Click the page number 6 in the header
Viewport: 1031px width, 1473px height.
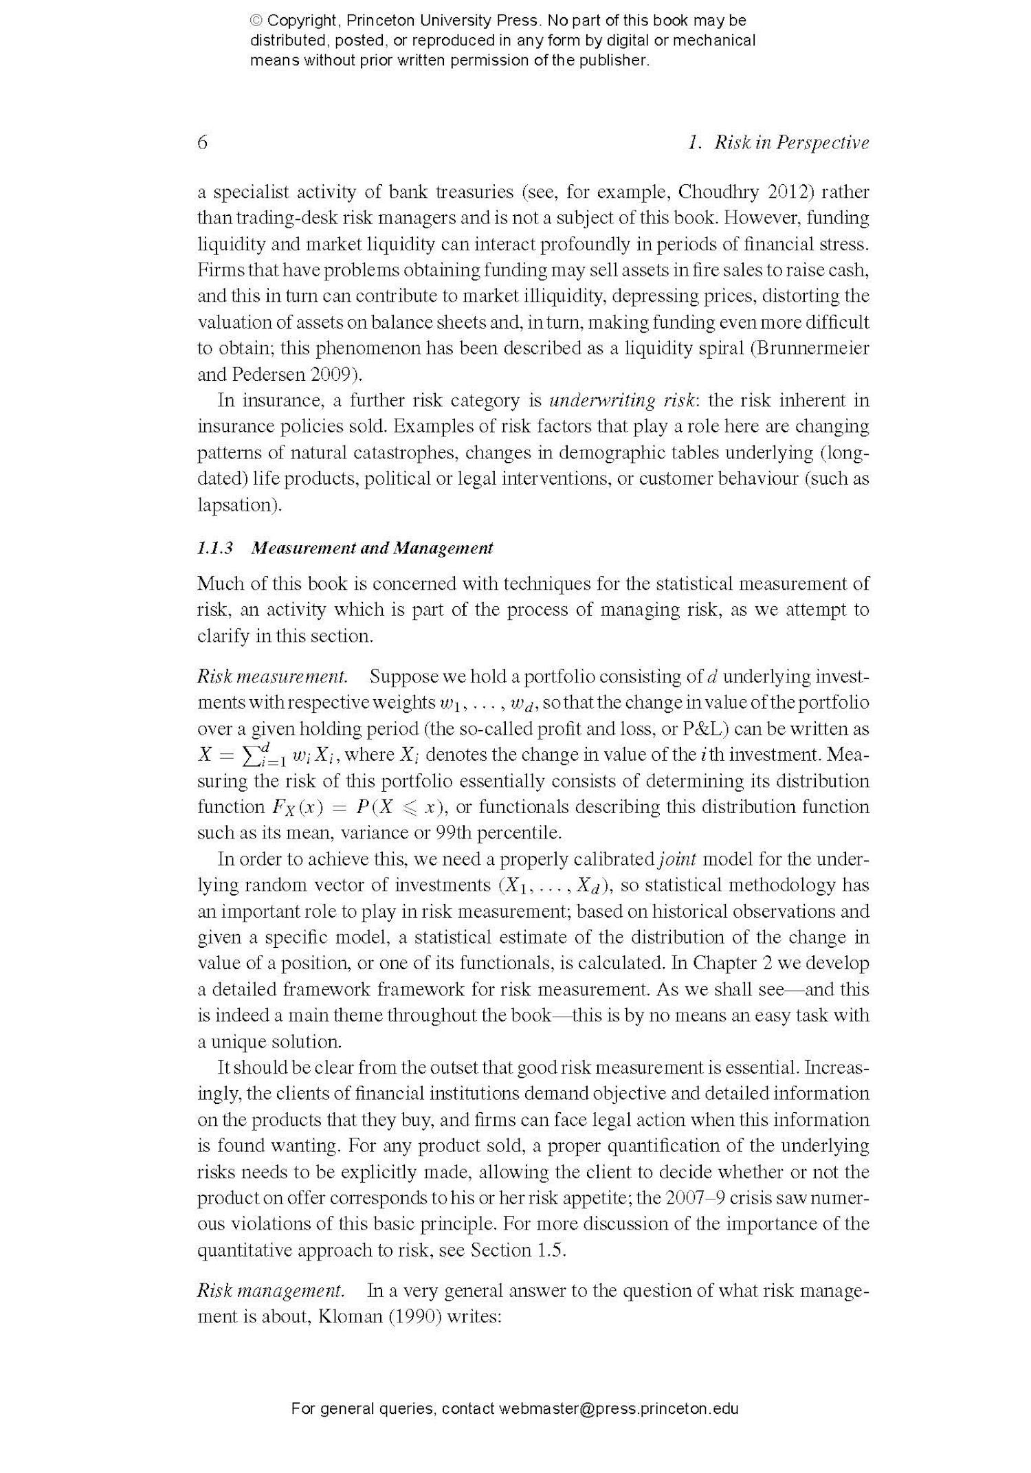tap(202, 142)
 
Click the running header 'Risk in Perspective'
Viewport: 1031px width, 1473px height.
tap(791, 142)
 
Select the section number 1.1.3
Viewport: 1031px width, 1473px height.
tap(215, 548)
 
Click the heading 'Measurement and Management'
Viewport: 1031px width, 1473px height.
tap(372, 548)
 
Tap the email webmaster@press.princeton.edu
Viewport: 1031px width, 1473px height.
tap(619, 1408)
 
